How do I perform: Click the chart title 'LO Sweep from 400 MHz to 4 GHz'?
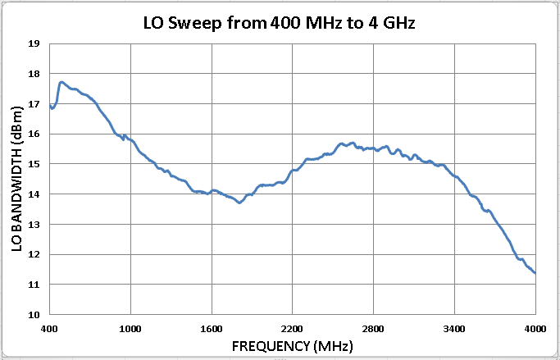pyautogui.click(x=280, y=24)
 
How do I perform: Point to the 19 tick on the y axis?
pyautogui.click(x=34, y=43)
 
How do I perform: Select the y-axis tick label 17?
pyautogui.click(x=34, y=104)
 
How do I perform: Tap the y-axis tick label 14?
pyautogui.click(x=34, y=194)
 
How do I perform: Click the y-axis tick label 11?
pyautogui.click(x=34, y=285)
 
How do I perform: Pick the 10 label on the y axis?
pyautogui.click(x=34, y=315)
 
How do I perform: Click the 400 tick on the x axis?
pyautogui.click(x=49, y=329)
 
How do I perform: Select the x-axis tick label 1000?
pyautogui.click(x=130, y=329)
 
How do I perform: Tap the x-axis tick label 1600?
pyautogui.click(x=212, y=329)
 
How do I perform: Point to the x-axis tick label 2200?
pyautogui.click(x=292, y=329)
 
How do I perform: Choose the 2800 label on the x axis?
pyautogui.click(x=373, y=329)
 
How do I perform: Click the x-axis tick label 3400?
pyautogui.click(x=454, y=329)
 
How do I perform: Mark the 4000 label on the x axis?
pyautogui.click(x=535, y=329)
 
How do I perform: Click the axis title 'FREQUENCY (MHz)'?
pyautogui.click(x=293, y=346)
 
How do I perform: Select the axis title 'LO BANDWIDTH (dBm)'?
pyautogui.click(x=16, y=179)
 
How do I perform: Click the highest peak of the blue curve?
pyautogui.click(x=61, y=82)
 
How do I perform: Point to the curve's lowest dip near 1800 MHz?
pyautogui.click(x=239, y=203)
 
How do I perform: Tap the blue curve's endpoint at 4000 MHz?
pyautogui.click(x=535, y=273)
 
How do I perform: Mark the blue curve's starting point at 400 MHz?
pyautogui.click(x=50, y=105)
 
